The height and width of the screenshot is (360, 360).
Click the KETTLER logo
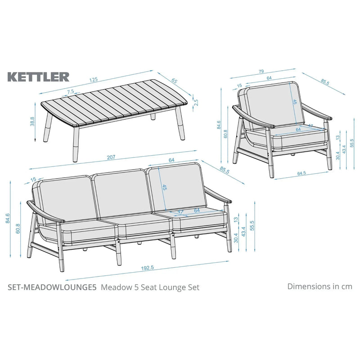pos(38,76)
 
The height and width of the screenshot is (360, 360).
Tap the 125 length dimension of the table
pos(93,80)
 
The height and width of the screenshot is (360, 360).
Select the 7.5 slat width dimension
pos(71,91)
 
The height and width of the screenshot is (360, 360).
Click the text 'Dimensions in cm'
pos(319,286)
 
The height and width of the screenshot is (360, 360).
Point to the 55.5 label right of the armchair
pos(352,143)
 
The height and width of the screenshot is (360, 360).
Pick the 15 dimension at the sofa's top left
pos(33,180)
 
